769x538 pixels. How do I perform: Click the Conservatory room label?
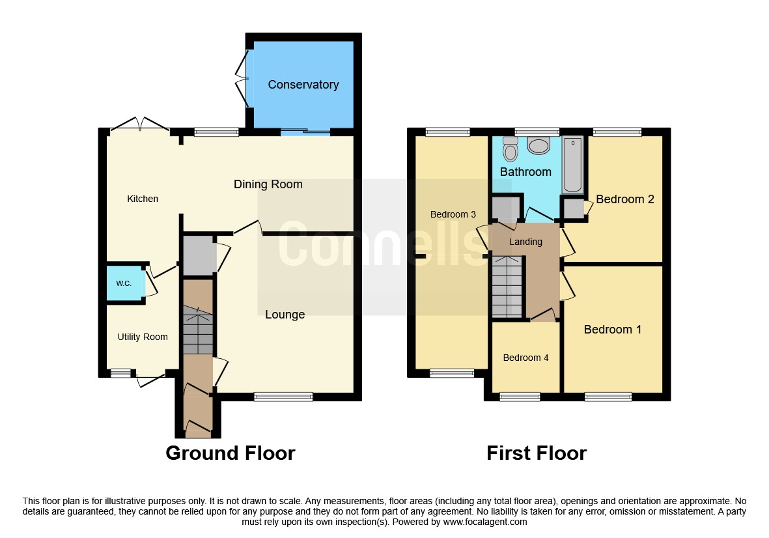coord(303,85)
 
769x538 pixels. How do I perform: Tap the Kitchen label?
coord(143,199)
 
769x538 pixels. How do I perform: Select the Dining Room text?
coord(268,184)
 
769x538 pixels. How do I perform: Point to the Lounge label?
coord(285,315)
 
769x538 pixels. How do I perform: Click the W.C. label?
coord(124,283)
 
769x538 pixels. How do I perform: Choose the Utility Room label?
coord(143,337)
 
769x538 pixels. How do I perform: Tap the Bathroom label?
coord(525,172)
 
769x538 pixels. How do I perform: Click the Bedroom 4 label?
coord(525,358)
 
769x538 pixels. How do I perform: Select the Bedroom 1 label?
coord(612,330)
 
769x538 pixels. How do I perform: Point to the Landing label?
coord(525,242)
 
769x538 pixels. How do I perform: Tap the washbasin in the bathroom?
coord(539,145)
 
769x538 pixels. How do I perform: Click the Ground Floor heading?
coord(231,453)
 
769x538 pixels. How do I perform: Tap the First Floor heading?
coord(536,453)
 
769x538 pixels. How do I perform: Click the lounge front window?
coord(283,397)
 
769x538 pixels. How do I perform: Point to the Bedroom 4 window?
coord(520,397)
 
